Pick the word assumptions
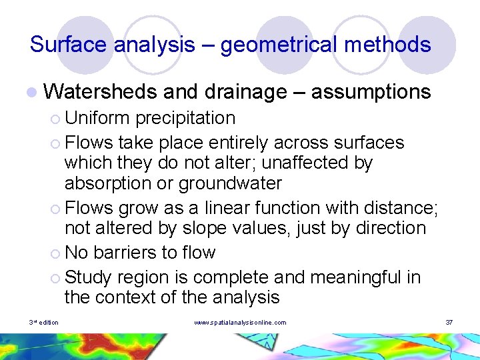(x=371, y=92)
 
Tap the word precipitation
(x=185, y=118)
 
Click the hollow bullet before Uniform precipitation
(x=55, y=119)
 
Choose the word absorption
(x=106, y=183)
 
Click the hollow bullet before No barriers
(x=55, y=253)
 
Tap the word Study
(x=90, y=276)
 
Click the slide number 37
(x=449, y=323)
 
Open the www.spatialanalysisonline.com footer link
(x=240, y=323)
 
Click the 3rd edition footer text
(x=44, y=323)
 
